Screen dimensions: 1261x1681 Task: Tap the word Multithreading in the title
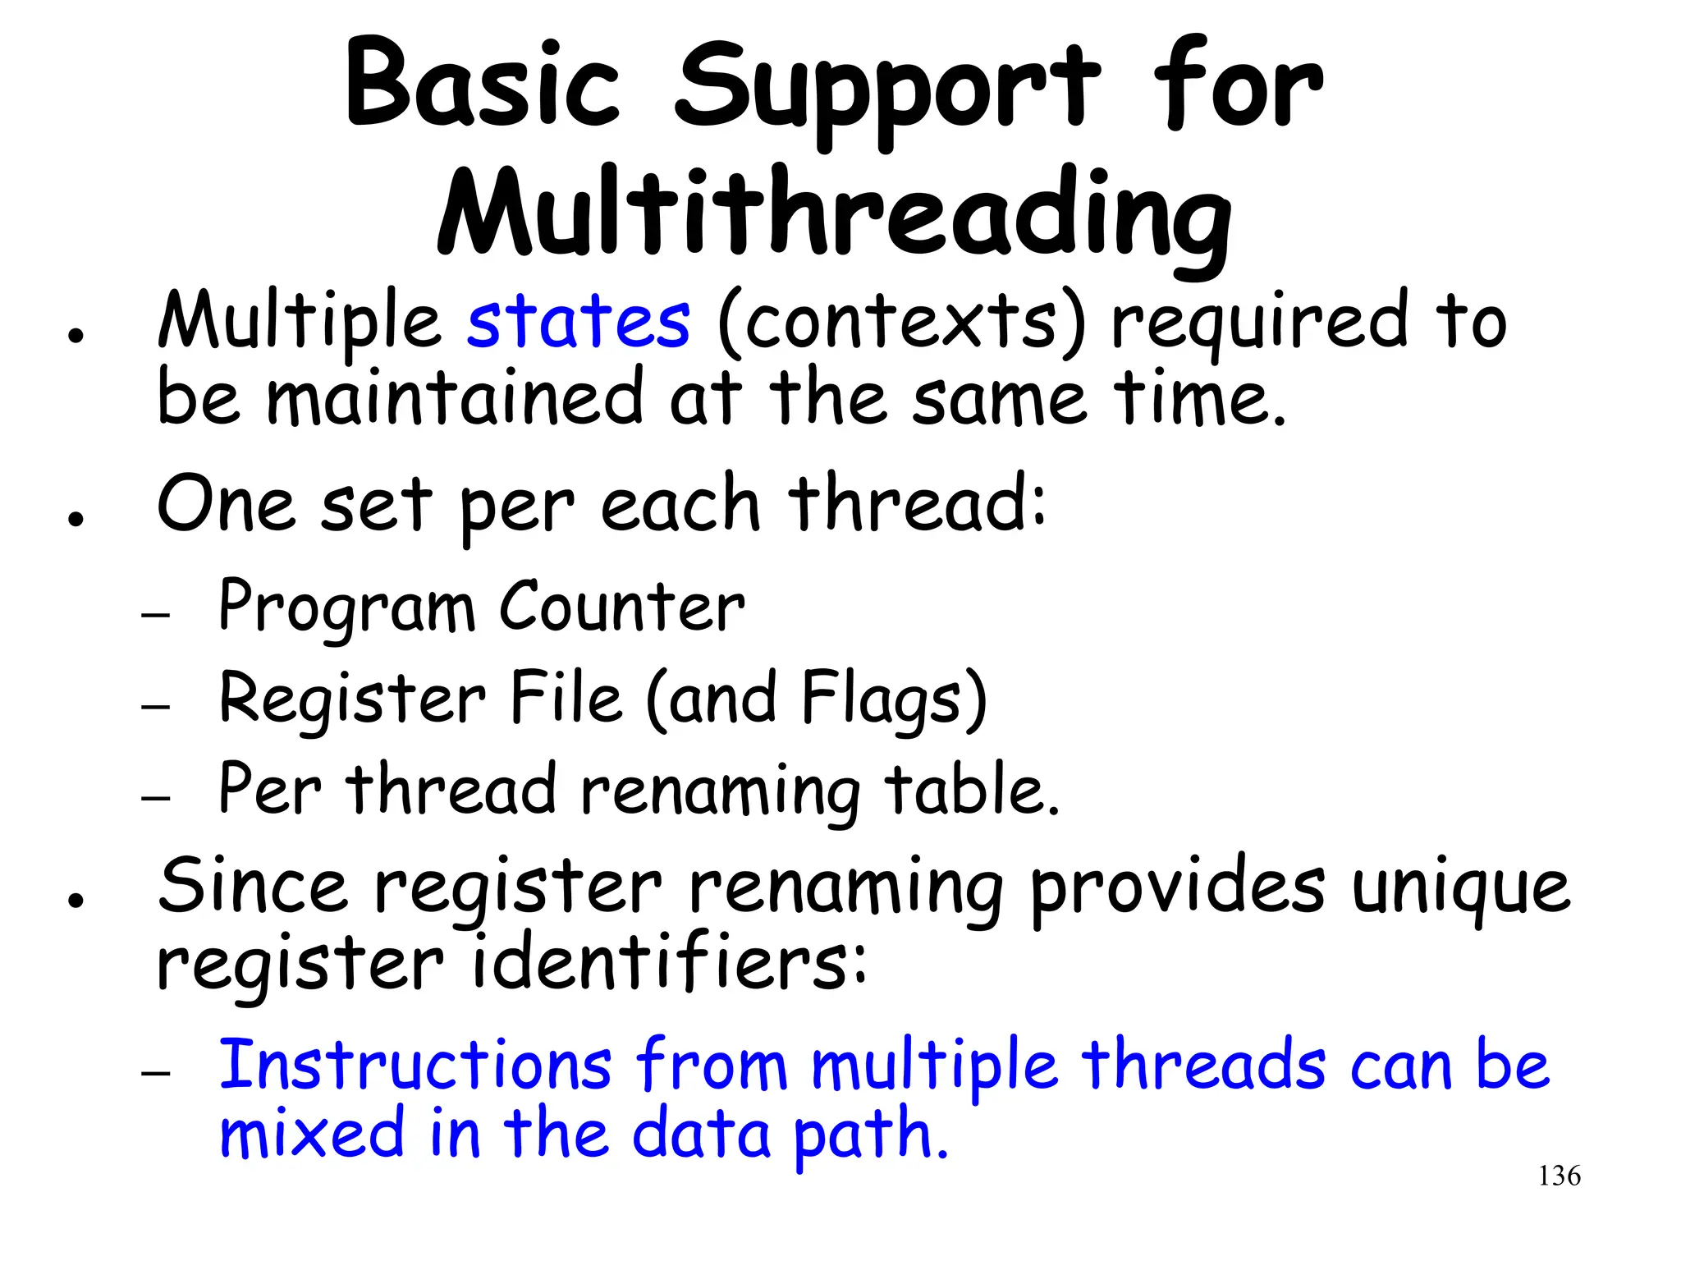[x=834, y=215]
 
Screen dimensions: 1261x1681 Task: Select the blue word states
[x=579, y=322]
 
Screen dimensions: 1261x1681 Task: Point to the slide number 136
[x=1559, y=1176]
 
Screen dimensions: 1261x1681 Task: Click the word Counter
[x=622, y=608]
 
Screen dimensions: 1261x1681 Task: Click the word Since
[x=253, y=887]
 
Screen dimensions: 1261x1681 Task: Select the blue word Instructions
[x=415, y=1065]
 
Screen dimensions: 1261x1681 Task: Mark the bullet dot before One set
[x=76, y=519]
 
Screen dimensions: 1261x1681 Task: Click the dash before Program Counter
[x=155, y=614]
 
